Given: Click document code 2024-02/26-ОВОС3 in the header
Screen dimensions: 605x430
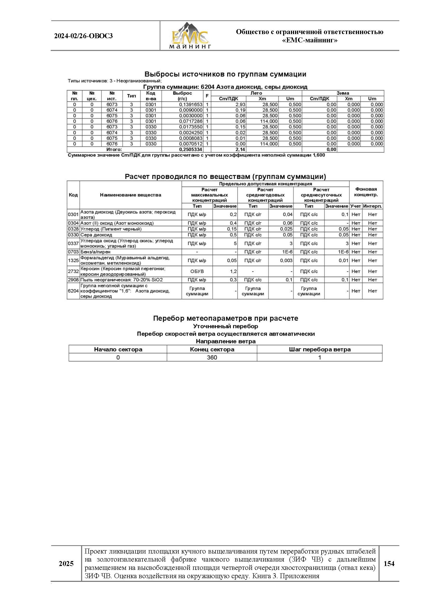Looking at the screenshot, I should [x=83, y=36].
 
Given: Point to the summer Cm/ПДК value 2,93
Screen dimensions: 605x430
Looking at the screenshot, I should [x=240, y=105].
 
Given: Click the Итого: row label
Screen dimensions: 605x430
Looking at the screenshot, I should [x=114, y=149].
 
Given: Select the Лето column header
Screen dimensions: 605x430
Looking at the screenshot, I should [x=256, y=93].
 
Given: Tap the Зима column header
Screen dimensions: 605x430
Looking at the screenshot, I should [x=343, y=93].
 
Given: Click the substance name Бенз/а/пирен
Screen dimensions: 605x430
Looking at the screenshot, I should [x=96, y=252].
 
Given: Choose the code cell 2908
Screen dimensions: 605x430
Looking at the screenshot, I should [x=73, y=280].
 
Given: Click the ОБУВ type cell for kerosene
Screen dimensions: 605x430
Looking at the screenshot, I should [x=197, y=271].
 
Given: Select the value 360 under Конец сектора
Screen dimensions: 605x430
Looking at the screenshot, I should [x=212, y=357].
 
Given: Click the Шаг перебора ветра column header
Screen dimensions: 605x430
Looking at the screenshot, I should [x=320, y=349].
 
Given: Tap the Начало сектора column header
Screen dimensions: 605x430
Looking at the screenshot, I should [x=118, y=349].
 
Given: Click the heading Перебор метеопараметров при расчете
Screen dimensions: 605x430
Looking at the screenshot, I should [x=225, y=318].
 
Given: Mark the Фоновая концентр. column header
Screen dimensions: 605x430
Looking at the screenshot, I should [x=366, y=192].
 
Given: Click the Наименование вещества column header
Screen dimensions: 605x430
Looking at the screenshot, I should [x=131, y=195].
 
